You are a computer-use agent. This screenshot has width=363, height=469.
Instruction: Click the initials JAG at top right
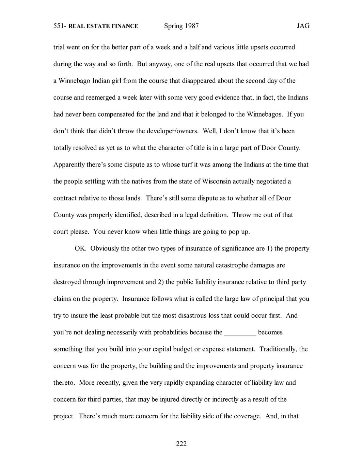(x=303, y=26)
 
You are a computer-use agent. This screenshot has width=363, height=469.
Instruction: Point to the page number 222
(x=181, y=444)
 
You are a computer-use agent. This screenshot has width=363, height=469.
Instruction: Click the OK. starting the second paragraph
(x=81, y=248)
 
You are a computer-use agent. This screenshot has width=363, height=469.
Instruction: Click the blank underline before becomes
(x=240, y=332)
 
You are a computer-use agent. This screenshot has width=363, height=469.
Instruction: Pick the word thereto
(x=64, y=383)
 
